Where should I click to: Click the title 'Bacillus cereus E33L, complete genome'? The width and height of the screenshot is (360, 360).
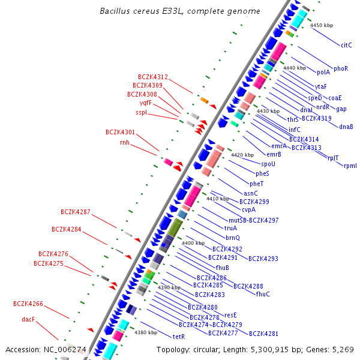point(179,11)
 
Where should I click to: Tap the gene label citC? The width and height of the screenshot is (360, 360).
point(346,45)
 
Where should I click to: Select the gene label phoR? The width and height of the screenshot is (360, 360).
point(341,68)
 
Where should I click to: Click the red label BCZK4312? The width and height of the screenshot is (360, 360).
point(153,77)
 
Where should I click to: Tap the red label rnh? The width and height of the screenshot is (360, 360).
point(125,142)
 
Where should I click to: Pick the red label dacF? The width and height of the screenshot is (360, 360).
point(32,319)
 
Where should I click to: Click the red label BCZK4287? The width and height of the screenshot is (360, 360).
point(76,212)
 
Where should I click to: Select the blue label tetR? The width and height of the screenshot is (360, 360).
point(179,337)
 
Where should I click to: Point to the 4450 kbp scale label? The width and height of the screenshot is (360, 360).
point(321,25)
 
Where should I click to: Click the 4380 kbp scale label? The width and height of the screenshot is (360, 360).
point(145,332)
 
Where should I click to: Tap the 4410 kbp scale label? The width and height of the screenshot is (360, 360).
point(218,199)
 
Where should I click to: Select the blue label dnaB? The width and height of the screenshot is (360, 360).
point(346,127)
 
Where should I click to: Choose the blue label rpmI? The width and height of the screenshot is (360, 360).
point(350,165)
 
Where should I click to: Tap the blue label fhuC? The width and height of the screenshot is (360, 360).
point(263,294)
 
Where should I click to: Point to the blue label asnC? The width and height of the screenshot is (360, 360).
point(250,193)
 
